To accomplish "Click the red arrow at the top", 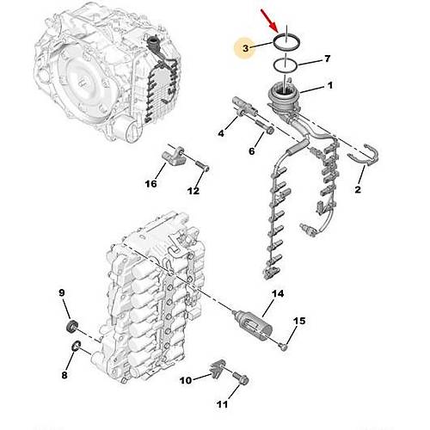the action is (270, 21).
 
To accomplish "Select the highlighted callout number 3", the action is (245, 48).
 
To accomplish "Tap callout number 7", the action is (327, 58).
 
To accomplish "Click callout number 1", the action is (330, 85).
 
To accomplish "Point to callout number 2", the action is (358, 189).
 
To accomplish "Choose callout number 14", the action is (278, 293).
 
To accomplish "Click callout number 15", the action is (299, 321).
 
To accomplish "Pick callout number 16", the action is (151, 183).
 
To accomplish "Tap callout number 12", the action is (193, 191).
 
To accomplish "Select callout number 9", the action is (62, 292).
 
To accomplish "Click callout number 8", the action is (64, 375).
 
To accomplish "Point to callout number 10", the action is (186, 380).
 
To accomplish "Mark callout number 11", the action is (222, 404).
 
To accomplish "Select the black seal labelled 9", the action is (72, 327).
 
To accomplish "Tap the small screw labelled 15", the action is (284, 347).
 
